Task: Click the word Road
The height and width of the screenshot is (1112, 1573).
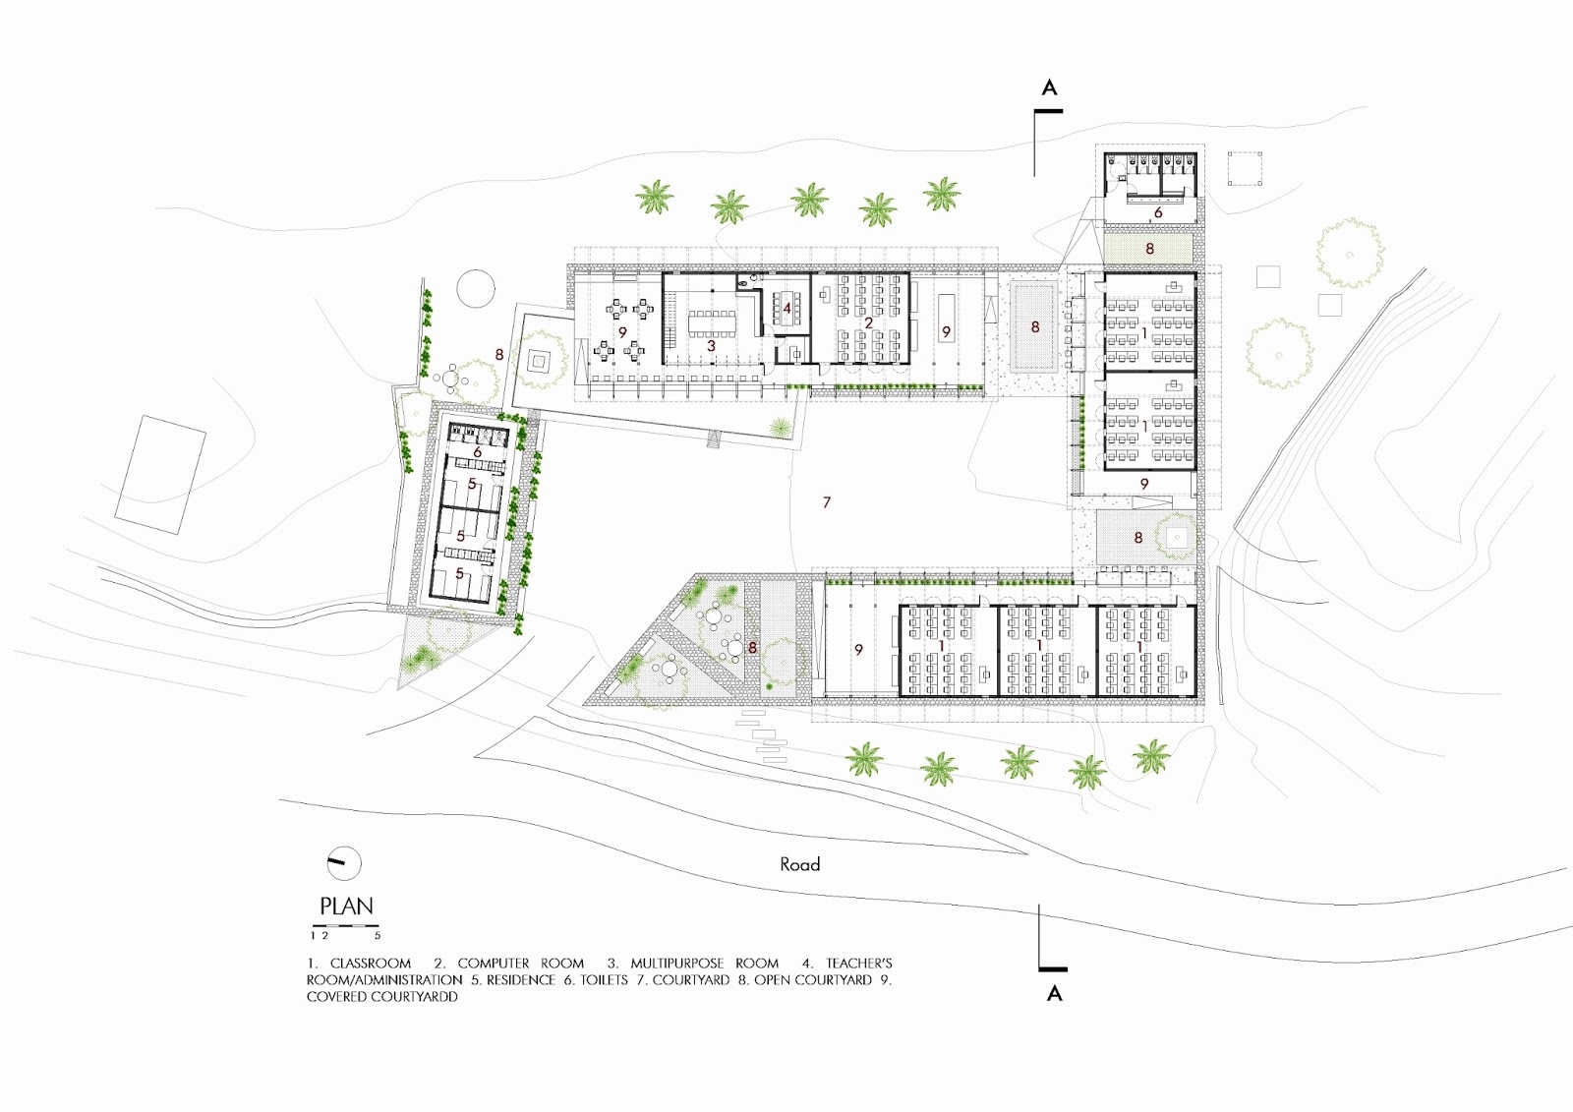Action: [800, 864]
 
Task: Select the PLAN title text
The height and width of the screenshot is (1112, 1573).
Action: [346, 907]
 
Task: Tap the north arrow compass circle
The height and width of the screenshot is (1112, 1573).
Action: [344, 863]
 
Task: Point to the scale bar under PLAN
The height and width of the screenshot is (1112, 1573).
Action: [345, 926]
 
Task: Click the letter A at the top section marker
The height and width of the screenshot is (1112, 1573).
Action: [1049, 88]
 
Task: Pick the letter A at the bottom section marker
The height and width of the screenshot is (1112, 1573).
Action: [1054, 993]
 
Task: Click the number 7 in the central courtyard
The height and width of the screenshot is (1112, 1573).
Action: [827, 502]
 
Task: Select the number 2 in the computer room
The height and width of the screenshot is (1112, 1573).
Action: [869, 323]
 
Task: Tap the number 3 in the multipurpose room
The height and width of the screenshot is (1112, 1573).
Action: [711, 346]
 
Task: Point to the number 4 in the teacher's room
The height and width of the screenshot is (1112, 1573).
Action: [787, 309]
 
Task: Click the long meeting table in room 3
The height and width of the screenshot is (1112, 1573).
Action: [712, 323]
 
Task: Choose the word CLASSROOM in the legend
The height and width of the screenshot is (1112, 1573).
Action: [370, 964]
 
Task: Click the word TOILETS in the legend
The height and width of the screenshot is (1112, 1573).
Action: [604, 980]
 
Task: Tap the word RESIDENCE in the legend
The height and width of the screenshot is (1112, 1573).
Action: [521, 980]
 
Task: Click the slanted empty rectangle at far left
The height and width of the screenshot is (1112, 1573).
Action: [160, 475]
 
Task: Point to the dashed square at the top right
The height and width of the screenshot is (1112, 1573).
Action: [1245, 168]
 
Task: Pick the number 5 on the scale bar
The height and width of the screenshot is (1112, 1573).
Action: [378, 936]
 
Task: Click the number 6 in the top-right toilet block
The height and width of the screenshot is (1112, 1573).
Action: [1158, 212]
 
